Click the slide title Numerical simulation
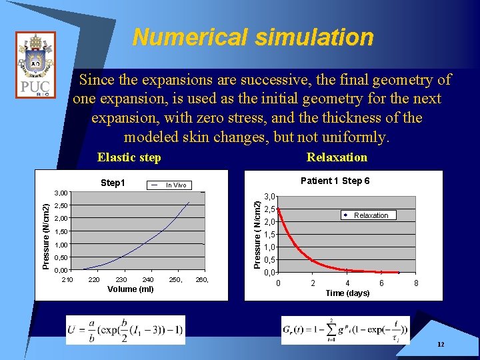click(253, 37)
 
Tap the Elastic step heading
click(129, 157)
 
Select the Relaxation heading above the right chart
click(337, 157)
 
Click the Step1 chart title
click(113, 183)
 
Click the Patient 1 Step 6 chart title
click(335, 181)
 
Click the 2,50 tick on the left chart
click(61, 205)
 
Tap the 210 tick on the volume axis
click(67, 279)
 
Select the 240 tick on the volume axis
click(148, 279)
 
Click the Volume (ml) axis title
click(130, 289)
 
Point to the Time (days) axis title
click(347, 293)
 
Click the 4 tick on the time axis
click(347, 283)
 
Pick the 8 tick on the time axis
click(417, 283)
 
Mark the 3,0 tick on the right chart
click(271, 197)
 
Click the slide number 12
click(441, 344)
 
